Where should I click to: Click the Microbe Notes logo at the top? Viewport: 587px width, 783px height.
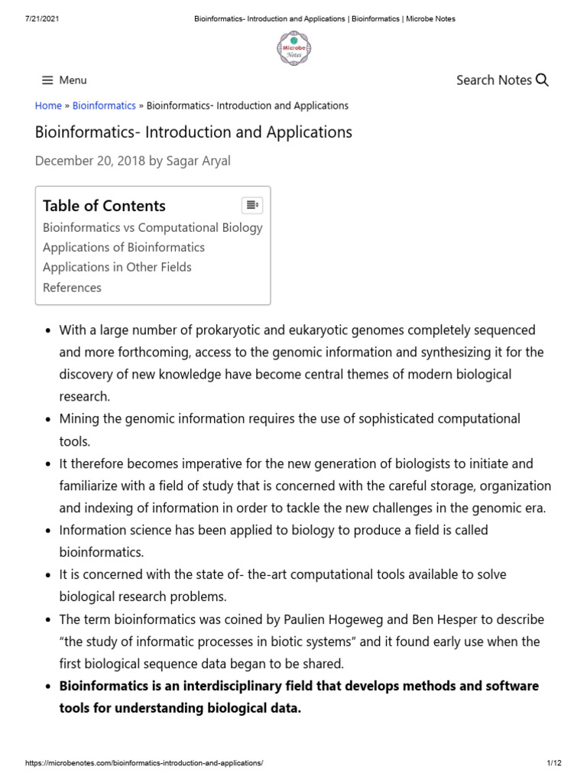(x=293, y=48)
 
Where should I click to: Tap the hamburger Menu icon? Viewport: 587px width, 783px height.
(x=47, y=80)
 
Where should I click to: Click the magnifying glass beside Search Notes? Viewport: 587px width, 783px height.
(x=542, y=80)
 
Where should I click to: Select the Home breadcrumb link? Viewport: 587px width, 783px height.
(x=48, y=106)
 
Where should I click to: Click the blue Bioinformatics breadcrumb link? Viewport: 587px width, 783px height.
(x=104, y=106)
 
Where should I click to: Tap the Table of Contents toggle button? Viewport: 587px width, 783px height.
(x=252, y=205)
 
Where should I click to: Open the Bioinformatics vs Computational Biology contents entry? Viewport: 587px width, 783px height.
(x=153, y=227)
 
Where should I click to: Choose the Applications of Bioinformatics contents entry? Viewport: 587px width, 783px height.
(x=124, y=247)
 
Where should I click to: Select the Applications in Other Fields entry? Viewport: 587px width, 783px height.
(x=117, y=267)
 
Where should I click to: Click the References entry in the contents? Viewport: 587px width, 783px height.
(x=72, y=288)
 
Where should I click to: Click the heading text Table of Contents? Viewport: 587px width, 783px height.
(x=104, y=206)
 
